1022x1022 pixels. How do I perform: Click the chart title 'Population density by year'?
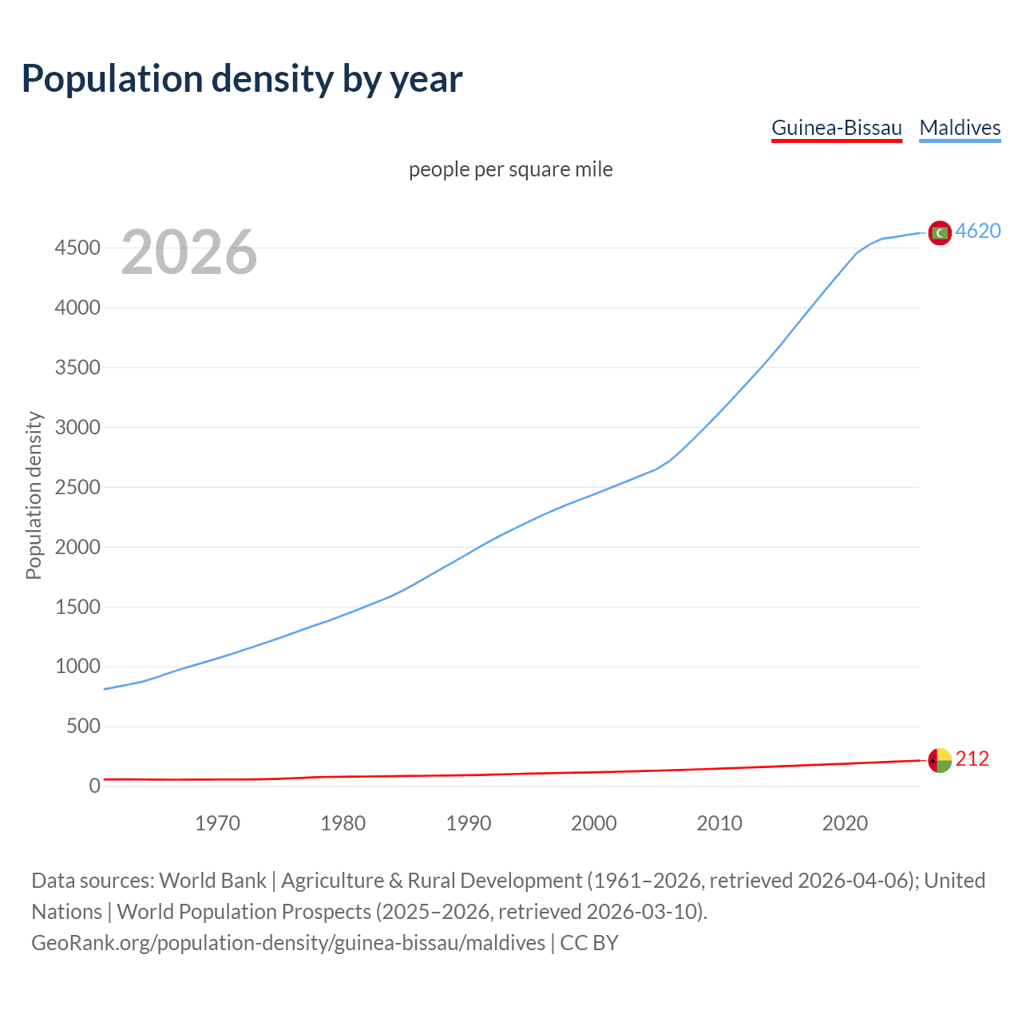click(242, 79)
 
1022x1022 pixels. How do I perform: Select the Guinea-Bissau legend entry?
click(836, 128)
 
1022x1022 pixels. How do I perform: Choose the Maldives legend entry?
click(960, 128)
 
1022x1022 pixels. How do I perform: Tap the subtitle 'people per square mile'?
click(510, 169)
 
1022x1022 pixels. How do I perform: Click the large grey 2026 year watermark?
click(189, 252)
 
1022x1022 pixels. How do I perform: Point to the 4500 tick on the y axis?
click(77, 248)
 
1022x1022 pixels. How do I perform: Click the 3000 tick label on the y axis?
click(77, 427)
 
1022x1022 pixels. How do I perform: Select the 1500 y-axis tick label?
click(77, 607)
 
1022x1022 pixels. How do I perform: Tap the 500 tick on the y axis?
click(84, 726)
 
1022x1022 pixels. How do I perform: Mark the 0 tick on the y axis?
click(95, 786)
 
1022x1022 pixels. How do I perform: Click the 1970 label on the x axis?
click(217, 823)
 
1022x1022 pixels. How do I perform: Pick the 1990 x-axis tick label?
click(469, 823)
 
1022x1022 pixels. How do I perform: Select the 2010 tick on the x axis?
click(719, 823)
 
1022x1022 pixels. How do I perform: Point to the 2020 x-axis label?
click(845, 823)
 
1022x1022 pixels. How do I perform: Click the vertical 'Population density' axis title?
click(34, 495)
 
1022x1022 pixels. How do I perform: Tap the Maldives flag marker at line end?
click(940, 232)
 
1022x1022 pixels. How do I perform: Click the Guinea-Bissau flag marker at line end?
click(940, 760)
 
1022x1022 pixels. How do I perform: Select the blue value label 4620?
click(978, 231)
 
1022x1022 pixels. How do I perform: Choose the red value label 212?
click(972, 759)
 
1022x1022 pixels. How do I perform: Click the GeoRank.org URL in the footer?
click(288, 943)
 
